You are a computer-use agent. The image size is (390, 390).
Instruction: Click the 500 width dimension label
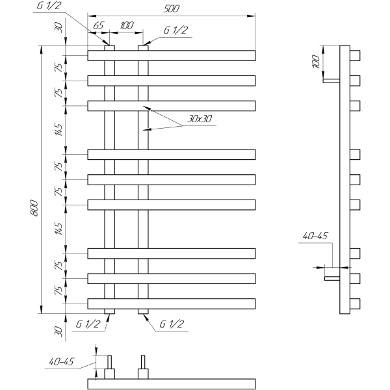[171, 8]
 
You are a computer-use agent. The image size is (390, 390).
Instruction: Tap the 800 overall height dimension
[34, 208]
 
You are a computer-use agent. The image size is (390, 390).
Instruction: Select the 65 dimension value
[99, 25]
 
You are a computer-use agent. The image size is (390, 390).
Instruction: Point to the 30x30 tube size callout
[200, 119]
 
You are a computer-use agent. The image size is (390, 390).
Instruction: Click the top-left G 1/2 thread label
[49, 5]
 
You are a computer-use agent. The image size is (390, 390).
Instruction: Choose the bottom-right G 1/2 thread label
[172, 324]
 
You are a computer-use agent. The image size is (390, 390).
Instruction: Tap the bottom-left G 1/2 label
[88, 324]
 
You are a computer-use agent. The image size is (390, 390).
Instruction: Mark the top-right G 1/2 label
[175, 30]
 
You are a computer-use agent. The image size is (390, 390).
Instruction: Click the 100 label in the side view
[315, 62]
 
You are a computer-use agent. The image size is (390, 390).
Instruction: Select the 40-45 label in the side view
[315, 236]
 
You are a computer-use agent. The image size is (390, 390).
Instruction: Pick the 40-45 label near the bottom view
[62, 361]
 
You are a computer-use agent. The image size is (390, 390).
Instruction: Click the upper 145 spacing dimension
[58, 129]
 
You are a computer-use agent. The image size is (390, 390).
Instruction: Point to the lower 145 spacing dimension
[58, 228]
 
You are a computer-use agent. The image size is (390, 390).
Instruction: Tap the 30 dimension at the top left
[58, 27]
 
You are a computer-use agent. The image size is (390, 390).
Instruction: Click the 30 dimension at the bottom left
[58, 331]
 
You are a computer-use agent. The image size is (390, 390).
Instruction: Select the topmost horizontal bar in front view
[172, 55]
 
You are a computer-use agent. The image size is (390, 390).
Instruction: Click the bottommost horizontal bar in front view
[172, 304]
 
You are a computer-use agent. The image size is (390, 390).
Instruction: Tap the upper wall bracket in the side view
[331, 81]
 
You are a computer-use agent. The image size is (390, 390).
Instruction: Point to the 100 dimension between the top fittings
[127, 25]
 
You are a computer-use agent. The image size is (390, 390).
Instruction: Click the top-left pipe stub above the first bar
[109, 48]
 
